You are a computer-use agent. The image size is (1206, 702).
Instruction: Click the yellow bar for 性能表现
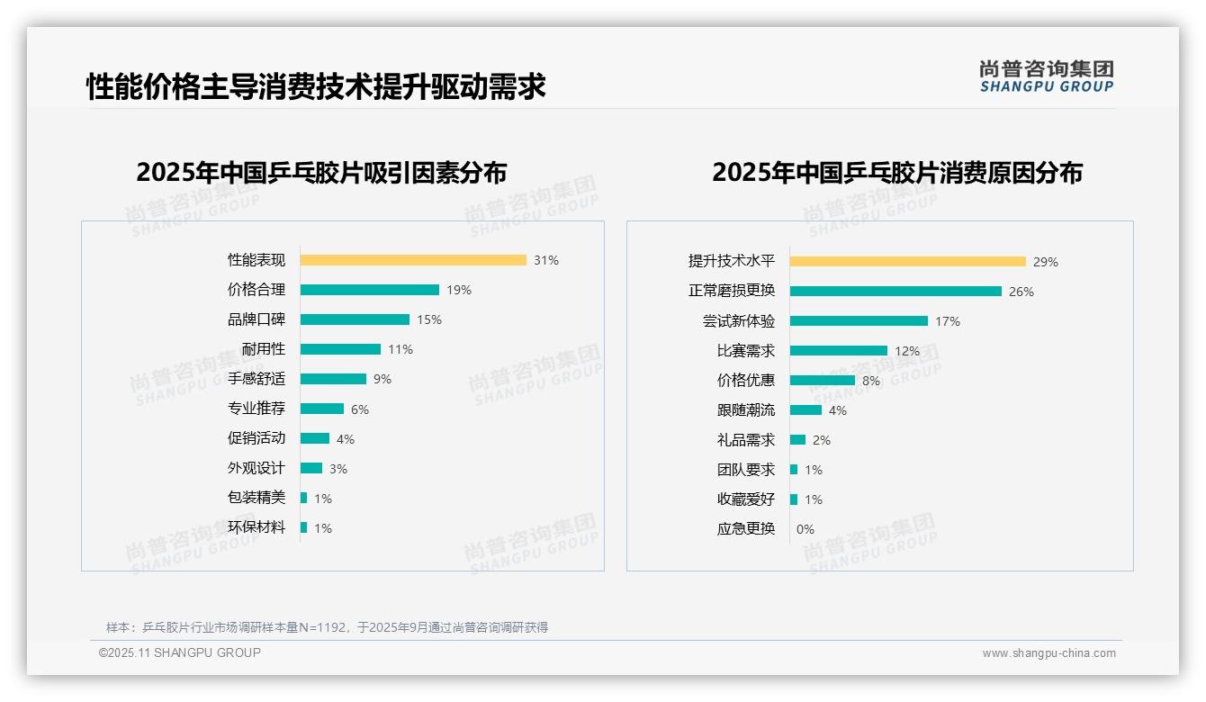click(413, 260)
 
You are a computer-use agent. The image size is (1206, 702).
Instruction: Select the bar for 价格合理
click(369, 290)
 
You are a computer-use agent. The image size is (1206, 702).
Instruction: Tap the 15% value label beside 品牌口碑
click(429, 319)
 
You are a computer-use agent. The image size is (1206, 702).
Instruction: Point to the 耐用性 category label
click(263, 349)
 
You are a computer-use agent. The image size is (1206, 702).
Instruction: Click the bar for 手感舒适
click(333, 379)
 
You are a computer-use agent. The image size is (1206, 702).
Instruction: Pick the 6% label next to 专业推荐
click(360, 409)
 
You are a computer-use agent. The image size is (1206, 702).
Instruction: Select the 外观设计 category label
click(256, 468)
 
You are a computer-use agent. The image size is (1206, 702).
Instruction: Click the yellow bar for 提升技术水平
click(907, 262)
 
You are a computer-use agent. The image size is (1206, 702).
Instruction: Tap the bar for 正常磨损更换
click(895, 292)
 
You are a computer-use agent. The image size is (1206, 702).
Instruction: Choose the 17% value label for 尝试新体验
click(948, 321)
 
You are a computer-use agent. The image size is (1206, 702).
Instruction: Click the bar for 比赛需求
click(838, 351)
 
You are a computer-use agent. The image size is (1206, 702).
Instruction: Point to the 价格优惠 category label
click(746, 381)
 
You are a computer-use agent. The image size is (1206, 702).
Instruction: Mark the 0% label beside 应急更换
click(805, 529)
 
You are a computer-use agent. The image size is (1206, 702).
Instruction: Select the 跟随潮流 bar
click(805, 410)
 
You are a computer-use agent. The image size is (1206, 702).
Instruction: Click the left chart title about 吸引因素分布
click(321, 173)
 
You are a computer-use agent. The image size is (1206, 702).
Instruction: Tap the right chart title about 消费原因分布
click(897, 173)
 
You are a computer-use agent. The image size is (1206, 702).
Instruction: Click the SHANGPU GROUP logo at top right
click(1047, 76)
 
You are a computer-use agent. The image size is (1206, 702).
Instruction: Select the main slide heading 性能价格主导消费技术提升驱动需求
click(316, 87)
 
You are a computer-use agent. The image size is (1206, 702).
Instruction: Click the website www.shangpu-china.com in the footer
click(1048, 653)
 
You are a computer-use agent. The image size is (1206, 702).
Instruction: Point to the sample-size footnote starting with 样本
click(327, 627)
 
